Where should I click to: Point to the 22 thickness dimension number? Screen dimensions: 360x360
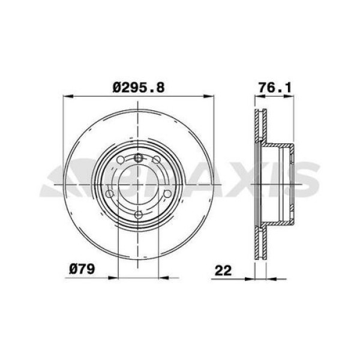(x=224, y=271)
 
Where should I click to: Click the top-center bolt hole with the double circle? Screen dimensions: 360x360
(x=139, y=158)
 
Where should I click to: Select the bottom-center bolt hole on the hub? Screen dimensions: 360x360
(x=139, y=214)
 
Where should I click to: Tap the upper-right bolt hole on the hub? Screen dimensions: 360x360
(x=157, y=160)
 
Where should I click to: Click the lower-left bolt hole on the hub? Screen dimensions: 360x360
(x=110, y=194)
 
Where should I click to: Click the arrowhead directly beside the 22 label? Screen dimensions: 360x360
(x=249, y=277)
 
